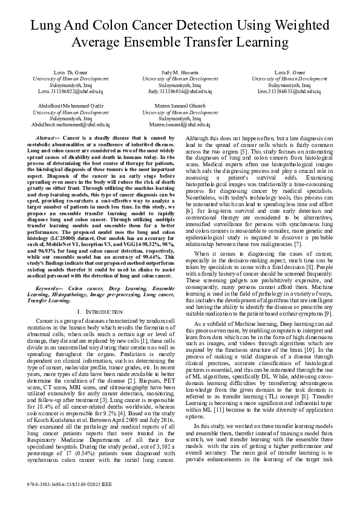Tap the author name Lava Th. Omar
[x=71, y=72]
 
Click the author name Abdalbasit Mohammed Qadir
[x=71, y=106]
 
